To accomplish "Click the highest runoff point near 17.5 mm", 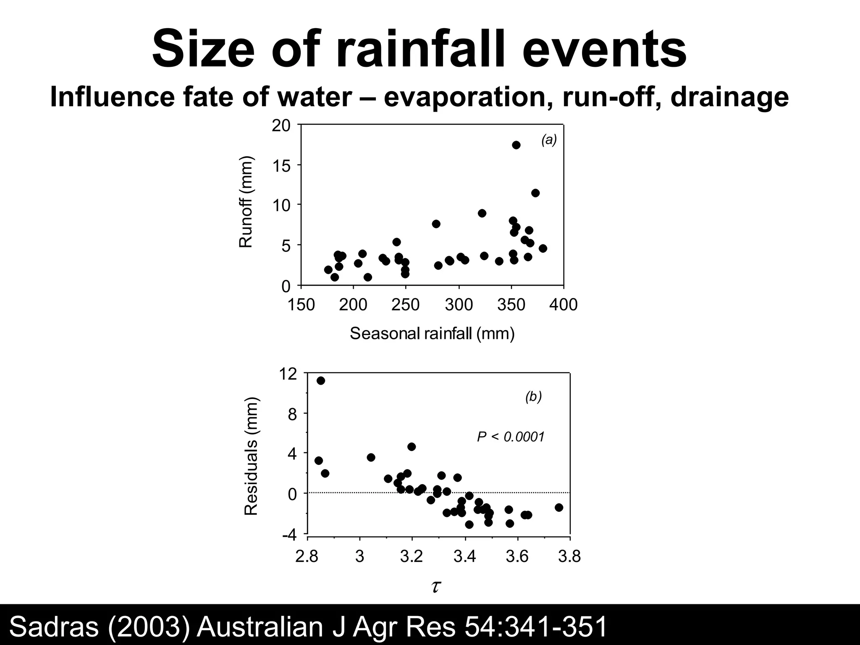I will pyautogui.click(x=516, y=145).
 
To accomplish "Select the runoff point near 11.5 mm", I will pyautogui.click(x=535, y=193).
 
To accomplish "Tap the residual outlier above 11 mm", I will pyautogui.click(x=320, y=380).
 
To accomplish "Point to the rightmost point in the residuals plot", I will pyautogui.click(x=558, y=507).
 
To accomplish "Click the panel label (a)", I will pyautogui.click(x=549, y=140).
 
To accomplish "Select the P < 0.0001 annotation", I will pyautogui.click(x=511, y=437).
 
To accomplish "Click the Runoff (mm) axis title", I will pyautogui.click(x=246, y=202).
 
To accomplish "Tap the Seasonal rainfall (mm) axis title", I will pyautogui.click(x=432, y=333).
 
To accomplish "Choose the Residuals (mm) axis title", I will pyautogui.click(x=251, y=456).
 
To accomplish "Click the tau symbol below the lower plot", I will pyautogui.click(x=435, y=586).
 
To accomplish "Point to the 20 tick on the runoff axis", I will pyautogui.click(x=281, y=126).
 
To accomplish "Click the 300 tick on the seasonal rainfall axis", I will pyautogui.click(x=459, y=304).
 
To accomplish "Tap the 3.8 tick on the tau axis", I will pyautogui.click(x=569, y=556).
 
